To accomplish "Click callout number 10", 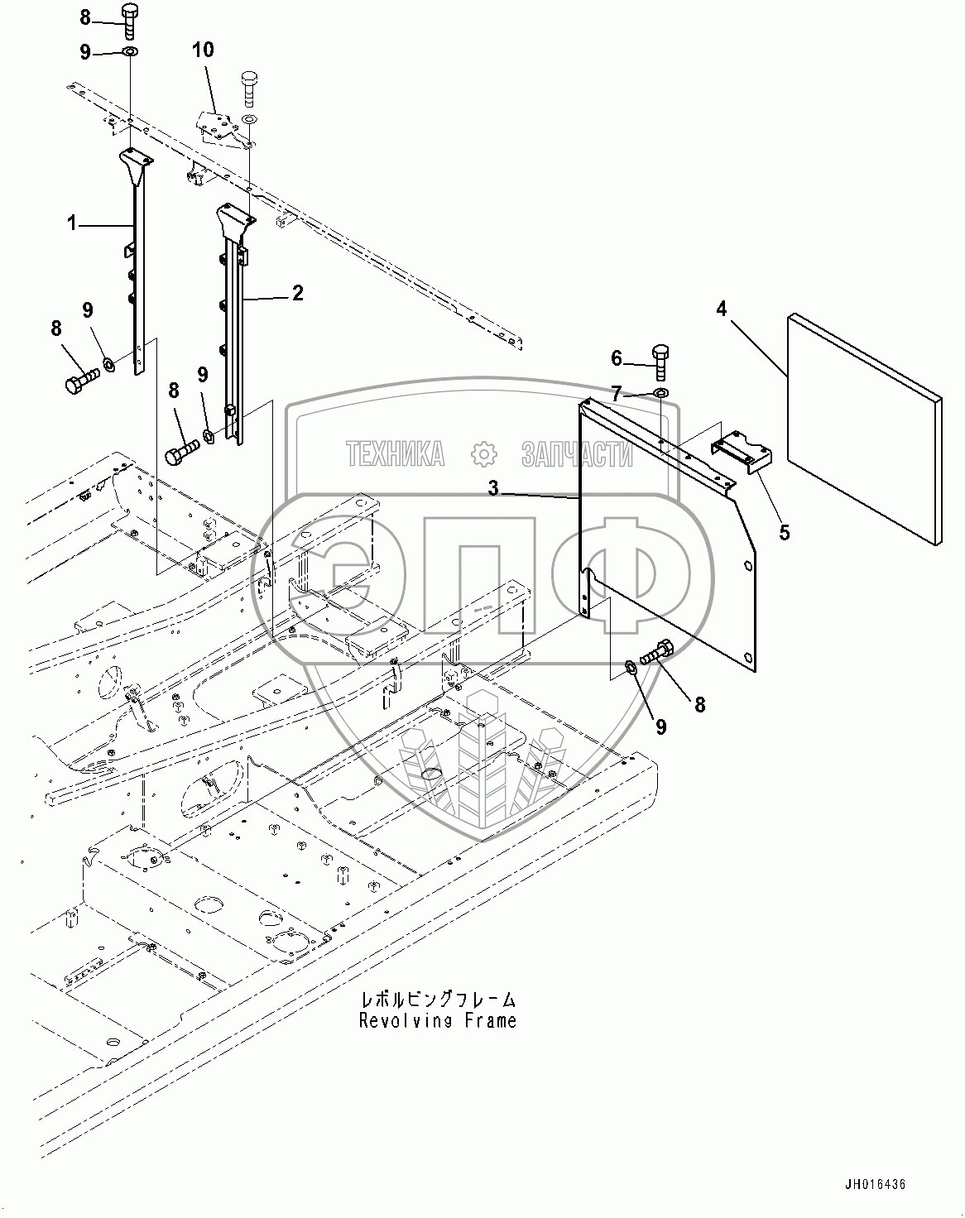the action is click(203, 50).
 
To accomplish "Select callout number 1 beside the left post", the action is click(72, 223).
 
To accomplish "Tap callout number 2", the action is click(298, 293).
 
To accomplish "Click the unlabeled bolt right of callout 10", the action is click(249, 89).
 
